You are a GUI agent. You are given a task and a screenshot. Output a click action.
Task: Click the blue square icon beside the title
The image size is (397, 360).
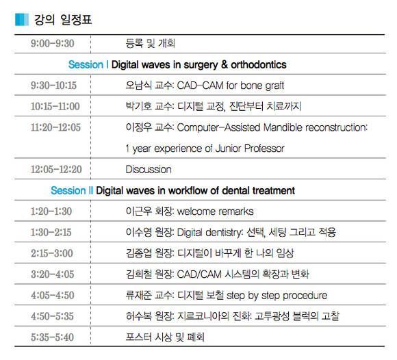point(22,19)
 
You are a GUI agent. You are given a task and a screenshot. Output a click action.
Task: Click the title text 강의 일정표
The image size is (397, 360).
point(63,19)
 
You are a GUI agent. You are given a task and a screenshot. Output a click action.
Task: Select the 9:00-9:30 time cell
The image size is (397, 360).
point(53,43)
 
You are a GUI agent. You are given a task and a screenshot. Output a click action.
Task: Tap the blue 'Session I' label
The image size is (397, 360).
point(88,64)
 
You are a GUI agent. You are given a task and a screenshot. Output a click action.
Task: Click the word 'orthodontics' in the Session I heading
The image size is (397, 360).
point(259,64)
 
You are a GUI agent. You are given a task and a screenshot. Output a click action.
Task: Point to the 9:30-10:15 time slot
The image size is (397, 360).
point(53,86)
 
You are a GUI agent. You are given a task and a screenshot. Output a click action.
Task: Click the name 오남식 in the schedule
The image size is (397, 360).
point(138,86)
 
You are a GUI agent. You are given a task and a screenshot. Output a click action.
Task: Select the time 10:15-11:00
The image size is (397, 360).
point(55,106)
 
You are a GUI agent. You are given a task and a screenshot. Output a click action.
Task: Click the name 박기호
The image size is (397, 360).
point(138,106)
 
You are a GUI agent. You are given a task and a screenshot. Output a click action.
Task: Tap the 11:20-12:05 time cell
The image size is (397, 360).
point(55,127)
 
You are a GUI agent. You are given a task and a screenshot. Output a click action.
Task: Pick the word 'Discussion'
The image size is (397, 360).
point(149,169)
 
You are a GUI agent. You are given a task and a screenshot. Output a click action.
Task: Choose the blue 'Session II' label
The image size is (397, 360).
point(72,190)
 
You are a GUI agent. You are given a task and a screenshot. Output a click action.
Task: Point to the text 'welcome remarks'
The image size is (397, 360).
point(215,211)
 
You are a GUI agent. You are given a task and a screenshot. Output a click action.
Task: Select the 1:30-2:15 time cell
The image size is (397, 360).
point(51,233)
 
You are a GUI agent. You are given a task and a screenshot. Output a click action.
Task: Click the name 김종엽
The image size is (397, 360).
point(138,253)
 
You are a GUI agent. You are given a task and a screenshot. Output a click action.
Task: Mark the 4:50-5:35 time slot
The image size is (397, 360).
point(52,316)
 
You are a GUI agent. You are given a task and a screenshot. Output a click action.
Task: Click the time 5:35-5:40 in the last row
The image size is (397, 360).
point(52,337)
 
